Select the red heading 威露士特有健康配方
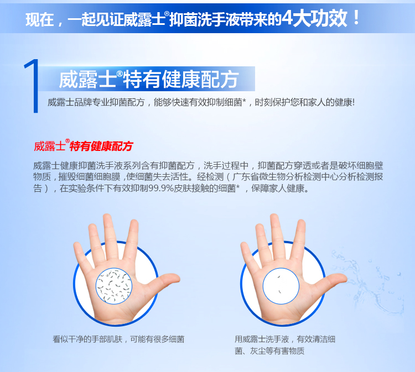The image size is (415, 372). click(x=84, y=146)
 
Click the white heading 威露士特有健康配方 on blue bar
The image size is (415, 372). click(x=149, y=79)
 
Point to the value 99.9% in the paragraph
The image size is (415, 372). click(x=161, y=188)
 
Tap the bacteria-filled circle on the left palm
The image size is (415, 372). click(x=114, y=286)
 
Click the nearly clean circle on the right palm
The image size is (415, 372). click(x=281, y=286)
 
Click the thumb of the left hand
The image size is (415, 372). click(x=163, y=282)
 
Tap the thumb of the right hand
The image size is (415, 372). click(x=330, y=282)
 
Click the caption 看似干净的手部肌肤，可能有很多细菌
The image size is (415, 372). click(x=118, y=339)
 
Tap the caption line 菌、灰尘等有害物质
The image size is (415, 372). click(x=269, y=351)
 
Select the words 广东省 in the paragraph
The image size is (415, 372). click(x=245, y=177)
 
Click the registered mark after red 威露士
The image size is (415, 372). click(x=68, y=141)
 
